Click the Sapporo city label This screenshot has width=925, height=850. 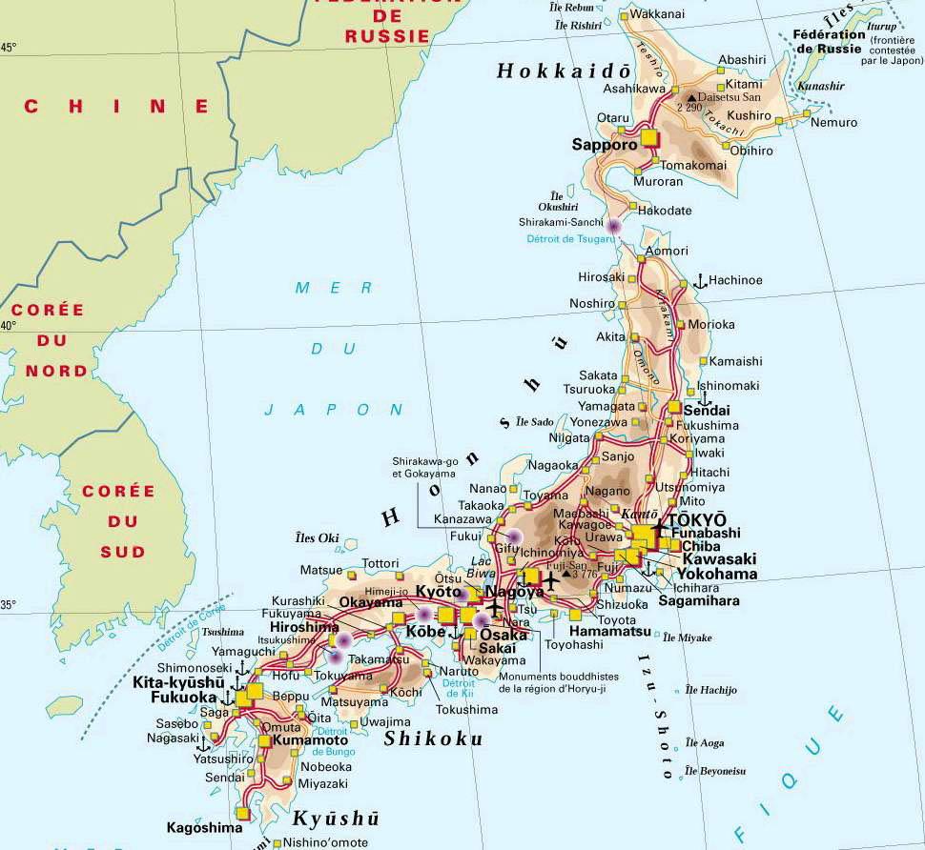coord(604,145)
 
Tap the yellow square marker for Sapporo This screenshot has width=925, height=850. coord(650,138)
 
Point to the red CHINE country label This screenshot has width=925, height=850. coord(116,106)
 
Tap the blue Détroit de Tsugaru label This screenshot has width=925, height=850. coord(565,238)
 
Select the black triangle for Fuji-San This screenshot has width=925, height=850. coord(566,575)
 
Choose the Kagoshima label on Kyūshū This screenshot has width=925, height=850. coord(204,827)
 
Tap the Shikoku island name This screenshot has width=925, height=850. coord(432,739)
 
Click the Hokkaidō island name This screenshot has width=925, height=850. coord(564,71)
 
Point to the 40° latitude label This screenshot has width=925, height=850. coord(8,325)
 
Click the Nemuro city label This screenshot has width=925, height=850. coord(833,122)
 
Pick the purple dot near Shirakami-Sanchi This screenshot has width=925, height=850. coord(614,227)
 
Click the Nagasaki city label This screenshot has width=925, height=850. coord(173,738)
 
